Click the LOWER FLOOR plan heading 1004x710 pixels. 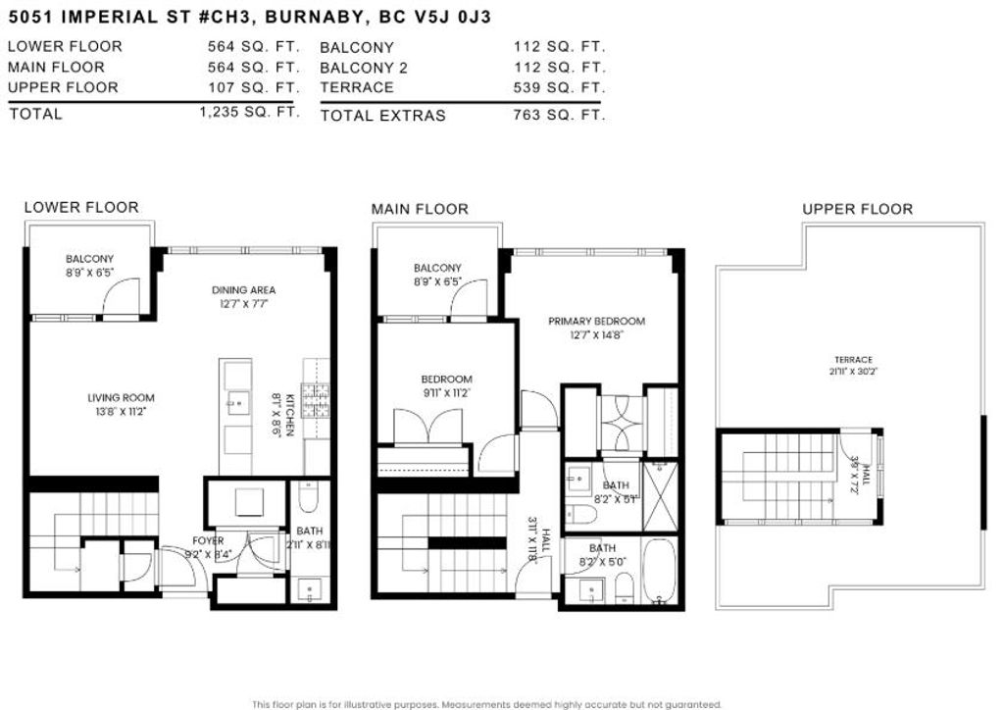point(81,207)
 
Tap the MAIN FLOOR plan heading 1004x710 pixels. point(420,209)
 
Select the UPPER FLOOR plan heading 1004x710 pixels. point(857,209)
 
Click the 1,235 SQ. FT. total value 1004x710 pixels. point(249,112)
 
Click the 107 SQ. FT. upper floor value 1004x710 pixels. point(253,87)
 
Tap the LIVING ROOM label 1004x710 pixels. point(121,398)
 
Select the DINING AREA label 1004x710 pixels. point(243,289)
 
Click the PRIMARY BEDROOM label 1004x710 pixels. point(596,321)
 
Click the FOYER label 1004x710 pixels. point(208,540)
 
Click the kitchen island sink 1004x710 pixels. point(236,401)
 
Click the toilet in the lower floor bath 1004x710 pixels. point(306,499)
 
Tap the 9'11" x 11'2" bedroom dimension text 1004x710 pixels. point(447,393)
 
